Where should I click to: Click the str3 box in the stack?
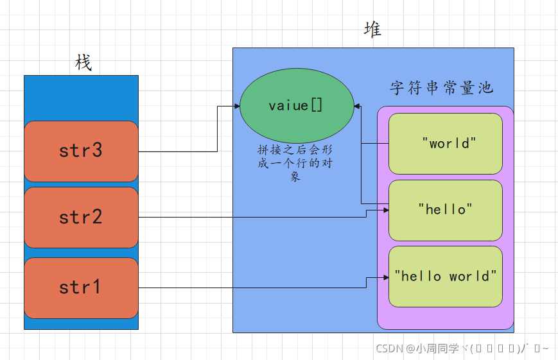coord(81,151)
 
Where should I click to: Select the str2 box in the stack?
coord(81,218)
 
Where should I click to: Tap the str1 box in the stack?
coord(81,287)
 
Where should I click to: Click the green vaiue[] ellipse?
coord(296,106)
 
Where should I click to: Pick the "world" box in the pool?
coord(445,143)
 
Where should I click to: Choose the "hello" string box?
coord(445,209)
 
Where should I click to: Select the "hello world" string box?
coord(445,277)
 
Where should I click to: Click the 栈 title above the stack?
coord(83,63)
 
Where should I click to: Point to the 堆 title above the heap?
coord(372,30)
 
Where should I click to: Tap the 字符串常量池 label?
coord(441,88)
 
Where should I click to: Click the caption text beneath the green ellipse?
coord(295,162)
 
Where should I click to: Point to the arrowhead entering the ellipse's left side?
coord(236,107)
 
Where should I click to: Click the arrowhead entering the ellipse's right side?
coord(357,107)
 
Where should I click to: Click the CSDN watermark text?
coord(462,348)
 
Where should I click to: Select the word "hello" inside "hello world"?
coord(417,277)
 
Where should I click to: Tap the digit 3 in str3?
coord(96,151)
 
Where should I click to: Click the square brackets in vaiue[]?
coord(317,106)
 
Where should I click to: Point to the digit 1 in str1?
coord(96,287)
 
